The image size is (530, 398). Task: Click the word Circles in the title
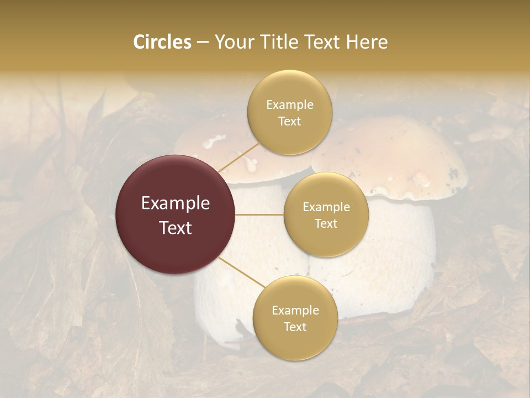click(x=162, y=42)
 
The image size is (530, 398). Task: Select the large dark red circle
click(x=176, y=214)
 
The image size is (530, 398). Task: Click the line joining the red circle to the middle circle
click(x=259, y=214)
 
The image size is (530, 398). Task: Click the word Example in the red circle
click(x=176, y=203)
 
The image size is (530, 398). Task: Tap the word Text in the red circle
click(x=176, y=228)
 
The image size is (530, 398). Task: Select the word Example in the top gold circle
click(x=289, y=105)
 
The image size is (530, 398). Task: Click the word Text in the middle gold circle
click(x=326, y=224)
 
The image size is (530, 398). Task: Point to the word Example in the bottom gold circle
click(x=295, y=311)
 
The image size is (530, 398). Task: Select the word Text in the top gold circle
click(x=289, y=122)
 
